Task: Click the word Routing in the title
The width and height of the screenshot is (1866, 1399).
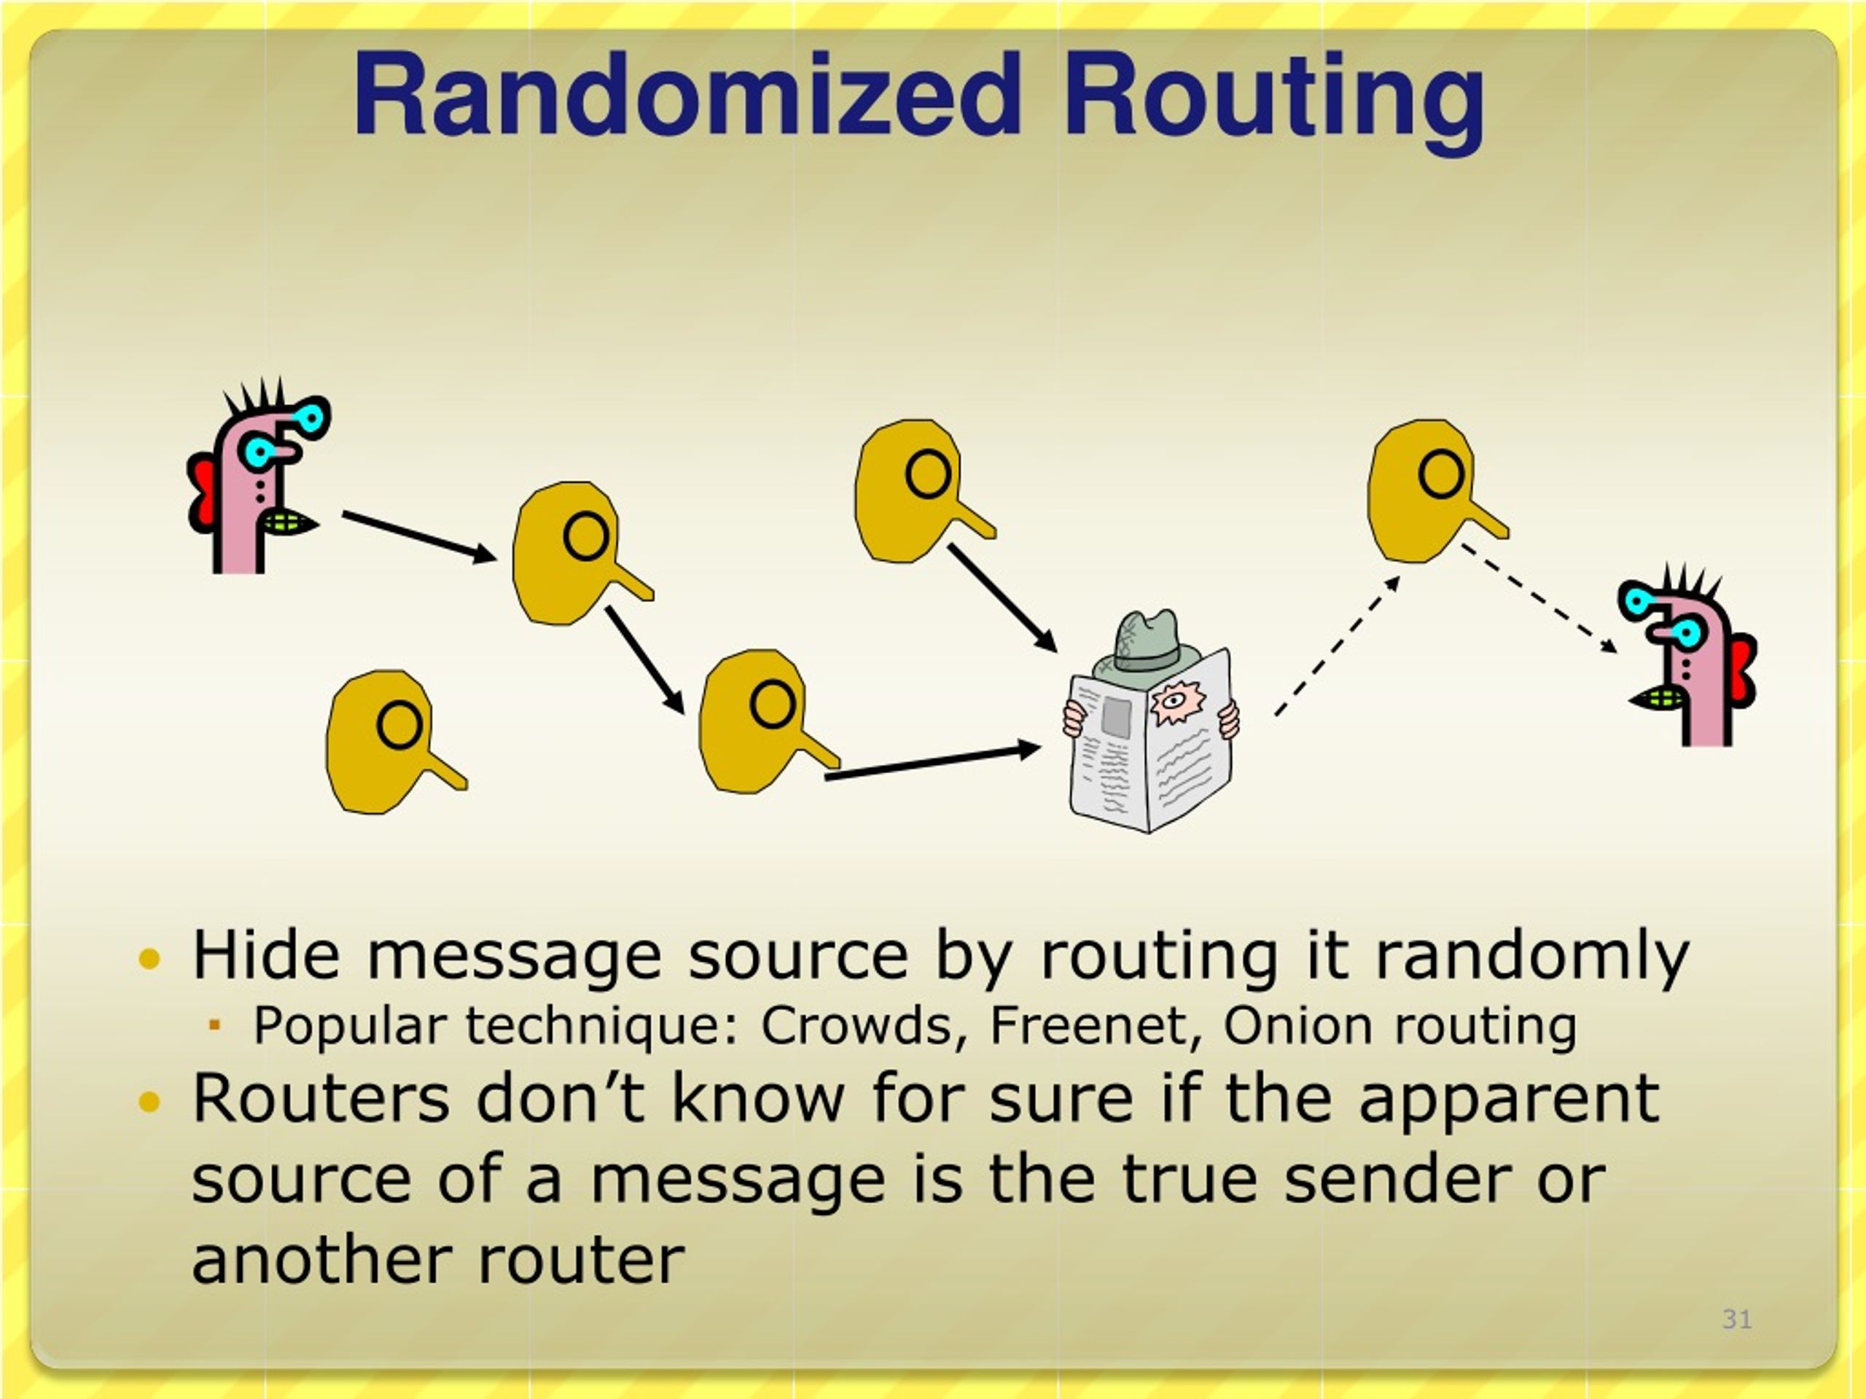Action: tap(1274, 101)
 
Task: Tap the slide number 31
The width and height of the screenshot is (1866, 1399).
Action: tap(1737, 1318)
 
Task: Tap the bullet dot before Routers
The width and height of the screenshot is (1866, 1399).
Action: tap(149, 1101)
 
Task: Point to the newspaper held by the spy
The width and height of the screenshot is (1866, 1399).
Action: tap(1151, 740)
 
